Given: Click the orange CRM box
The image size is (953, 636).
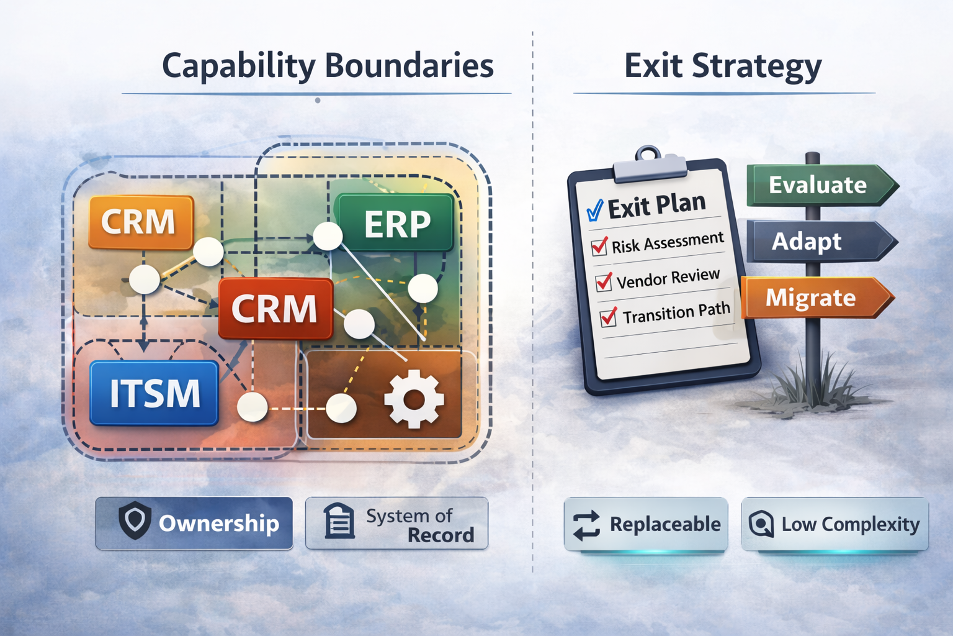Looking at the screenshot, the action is (x=141, y=222).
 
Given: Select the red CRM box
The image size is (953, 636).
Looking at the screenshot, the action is (x=275, y=309).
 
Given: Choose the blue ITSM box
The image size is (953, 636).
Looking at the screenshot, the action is (x=154, y=393).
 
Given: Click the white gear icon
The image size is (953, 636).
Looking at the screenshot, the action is (x=414, y=399).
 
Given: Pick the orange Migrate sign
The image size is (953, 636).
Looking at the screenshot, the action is (x=818, y=298).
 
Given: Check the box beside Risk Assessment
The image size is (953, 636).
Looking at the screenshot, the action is (x=599, y=246).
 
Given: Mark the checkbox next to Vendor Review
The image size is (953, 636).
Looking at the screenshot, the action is (x=604, y=281).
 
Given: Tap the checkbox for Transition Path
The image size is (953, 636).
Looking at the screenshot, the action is (x=609, y=317).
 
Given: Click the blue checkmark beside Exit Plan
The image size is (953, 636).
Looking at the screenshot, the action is (x=595, y=211).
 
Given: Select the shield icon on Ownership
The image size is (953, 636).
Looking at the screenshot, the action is (x=135, y=520).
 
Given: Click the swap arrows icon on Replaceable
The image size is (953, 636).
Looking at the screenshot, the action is (x=586, y=525).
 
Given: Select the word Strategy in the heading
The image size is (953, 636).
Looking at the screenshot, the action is (x=757, y=67).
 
